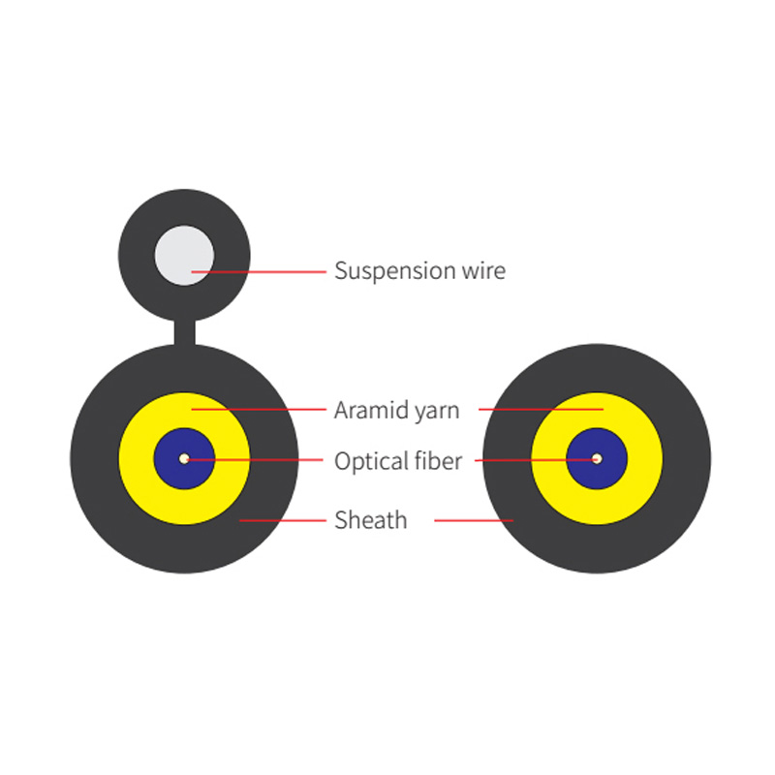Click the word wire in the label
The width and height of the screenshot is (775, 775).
483,270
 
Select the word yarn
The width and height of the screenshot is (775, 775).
437,412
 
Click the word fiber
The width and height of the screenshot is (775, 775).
439,460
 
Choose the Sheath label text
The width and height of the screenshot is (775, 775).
371,520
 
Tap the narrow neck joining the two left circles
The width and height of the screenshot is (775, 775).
184,332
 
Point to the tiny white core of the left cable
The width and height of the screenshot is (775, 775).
184,458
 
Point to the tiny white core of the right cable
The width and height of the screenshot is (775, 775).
597,458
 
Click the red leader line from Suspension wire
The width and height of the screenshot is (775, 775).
259,272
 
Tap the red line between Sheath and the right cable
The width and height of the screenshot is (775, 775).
474,520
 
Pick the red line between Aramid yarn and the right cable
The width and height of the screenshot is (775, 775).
542,409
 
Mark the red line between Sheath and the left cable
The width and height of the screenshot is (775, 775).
283,520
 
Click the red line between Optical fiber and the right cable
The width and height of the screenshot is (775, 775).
537,460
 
